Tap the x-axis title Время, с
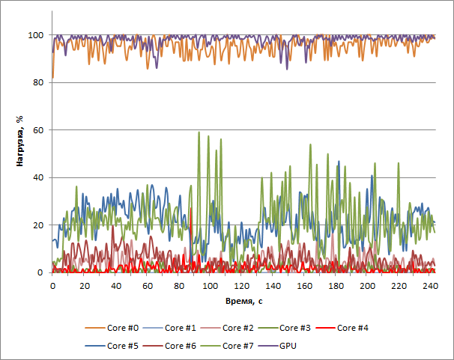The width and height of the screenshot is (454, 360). (x=243, y=300)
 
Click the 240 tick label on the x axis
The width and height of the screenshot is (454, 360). (x=431, y=287)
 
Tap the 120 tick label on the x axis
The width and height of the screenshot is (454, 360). (x=242, y=287)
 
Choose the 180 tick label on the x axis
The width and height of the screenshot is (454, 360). (x=336, y=287)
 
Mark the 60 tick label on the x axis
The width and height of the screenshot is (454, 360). (x=148, y=287)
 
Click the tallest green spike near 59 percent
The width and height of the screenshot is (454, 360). (x=199, y=133)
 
